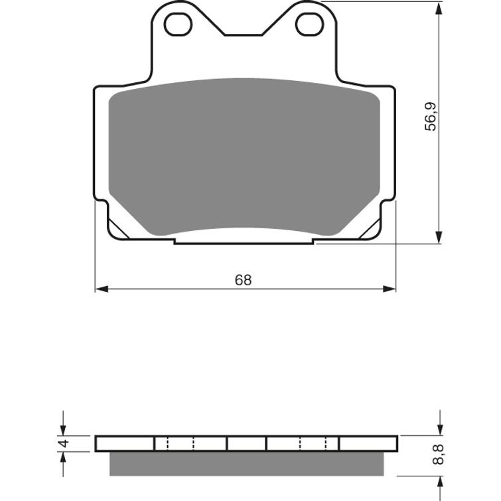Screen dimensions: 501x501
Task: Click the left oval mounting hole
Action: click(x=178, y=24)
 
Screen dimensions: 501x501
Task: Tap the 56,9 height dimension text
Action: click(x=432, y=117)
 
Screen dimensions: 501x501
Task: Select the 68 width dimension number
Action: click(x=244, y=280)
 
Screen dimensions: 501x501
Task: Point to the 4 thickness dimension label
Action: click(x=63, y=443)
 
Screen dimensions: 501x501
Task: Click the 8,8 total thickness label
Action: click(x=438, y=455)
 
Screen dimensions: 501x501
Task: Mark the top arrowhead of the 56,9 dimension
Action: click(x=438, y=8)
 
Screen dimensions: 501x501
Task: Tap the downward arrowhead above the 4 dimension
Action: click(x=63, y=429)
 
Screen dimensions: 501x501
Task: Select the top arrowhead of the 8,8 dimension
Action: click(x=438, y=429)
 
